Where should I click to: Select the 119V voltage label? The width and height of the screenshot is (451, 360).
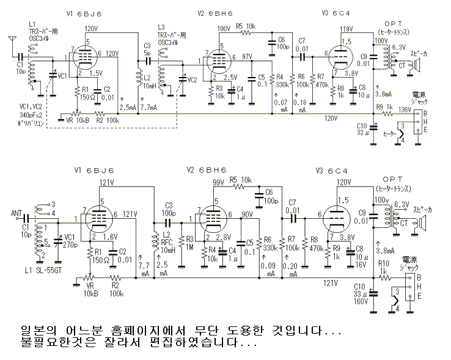click(346, 29)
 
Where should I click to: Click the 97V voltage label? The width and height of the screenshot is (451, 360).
click(247, 56)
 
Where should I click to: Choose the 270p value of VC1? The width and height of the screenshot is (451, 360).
click(71, 244)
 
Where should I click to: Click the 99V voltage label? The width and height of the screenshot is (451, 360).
click(218, 183)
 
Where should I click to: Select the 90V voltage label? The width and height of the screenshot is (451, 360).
click(247, 215)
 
